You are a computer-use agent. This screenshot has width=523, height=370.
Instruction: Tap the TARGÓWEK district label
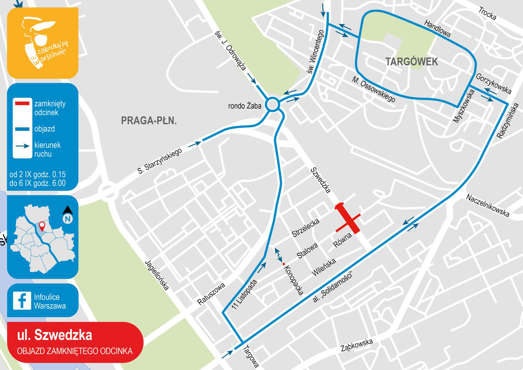pos(412,62)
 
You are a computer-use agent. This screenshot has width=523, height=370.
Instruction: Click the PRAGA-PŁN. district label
pos(149,121)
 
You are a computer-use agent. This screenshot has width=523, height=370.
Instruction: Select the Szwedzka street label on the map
pos(320,180)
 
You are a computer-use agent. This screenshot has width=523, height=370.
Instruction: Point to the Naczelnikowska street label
pos(487,206)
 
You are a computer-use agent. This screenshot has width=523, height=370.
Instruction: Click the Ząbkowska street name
pos(357,345)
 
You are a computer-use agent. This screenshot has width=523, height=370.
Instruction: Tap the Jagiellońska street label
pos(157,275)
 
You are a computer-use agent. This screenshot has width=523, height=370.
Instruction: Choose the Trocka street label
pos(487,14)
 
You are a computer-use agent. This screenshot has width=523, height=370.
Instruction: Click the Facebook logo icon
pos(22,300)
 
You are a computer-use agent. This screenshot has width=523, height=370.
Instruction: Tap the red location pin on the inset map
pos(42,226)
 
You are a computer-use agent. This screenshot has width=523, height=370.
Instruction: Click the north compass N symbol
pos(68,219)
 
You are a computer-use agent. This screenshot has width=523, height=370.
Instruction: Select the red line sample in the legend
pos(22,104)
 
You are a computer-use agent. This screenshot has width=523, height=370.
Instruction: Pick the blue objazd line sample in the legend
pos(22,129)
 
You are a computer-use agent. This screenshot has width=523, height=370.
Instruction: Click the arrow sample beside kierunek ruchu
pos(23,146)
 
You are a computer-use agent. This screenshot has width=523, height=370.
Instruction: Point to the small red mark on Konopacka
pos(284,264)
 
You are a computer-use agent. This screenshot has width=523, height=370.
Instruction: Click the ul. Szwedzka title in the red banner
pos(54,335)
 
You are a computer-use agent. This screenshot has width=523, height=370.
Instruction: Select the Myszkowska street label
pos(464,106)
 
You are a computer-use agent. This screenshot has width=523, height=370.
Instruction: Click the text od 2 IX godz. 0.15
pos(38,174)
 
